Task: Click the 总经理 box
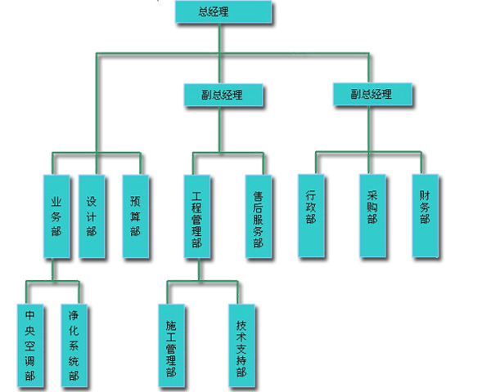(223, 11)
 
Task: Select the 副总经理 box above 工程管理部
(223, 95)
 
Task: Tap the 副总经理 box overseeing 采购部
(372, 94)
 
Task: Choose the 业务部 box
(56, 216)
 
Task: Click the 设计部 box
(92, 216)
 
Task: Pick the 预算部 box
(136, 216)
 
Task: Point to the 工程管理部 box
(197, 216)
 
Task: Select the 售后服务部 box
(259, 216)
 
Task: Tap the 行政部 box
(311, 216)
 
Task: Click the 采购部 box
(372, 216)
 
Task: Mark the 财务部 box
(426, 216)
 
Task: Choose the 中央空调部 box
(30, 345)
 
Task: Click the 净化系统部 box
(74, 345)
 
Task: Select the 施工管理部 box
(172, 345)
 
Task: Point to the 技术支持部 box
(242, 345)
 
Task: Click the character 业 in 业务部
(56, 202)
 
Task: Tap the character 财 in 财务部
(425, 196)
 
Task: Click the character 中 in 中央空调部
(29, 315)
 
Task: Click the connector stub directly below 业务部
(52, 269)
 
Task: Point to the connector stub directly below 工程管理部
(199, 269)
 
